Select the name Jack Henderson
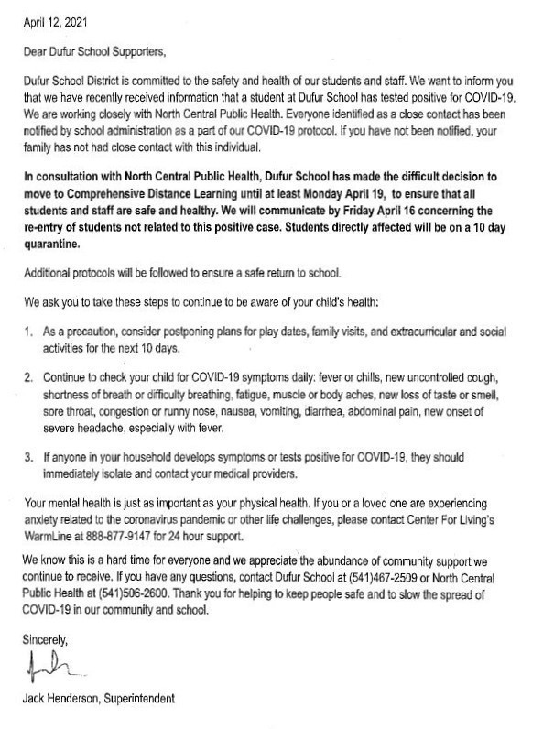(61, 700)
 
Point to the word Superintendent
(139, 700)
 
